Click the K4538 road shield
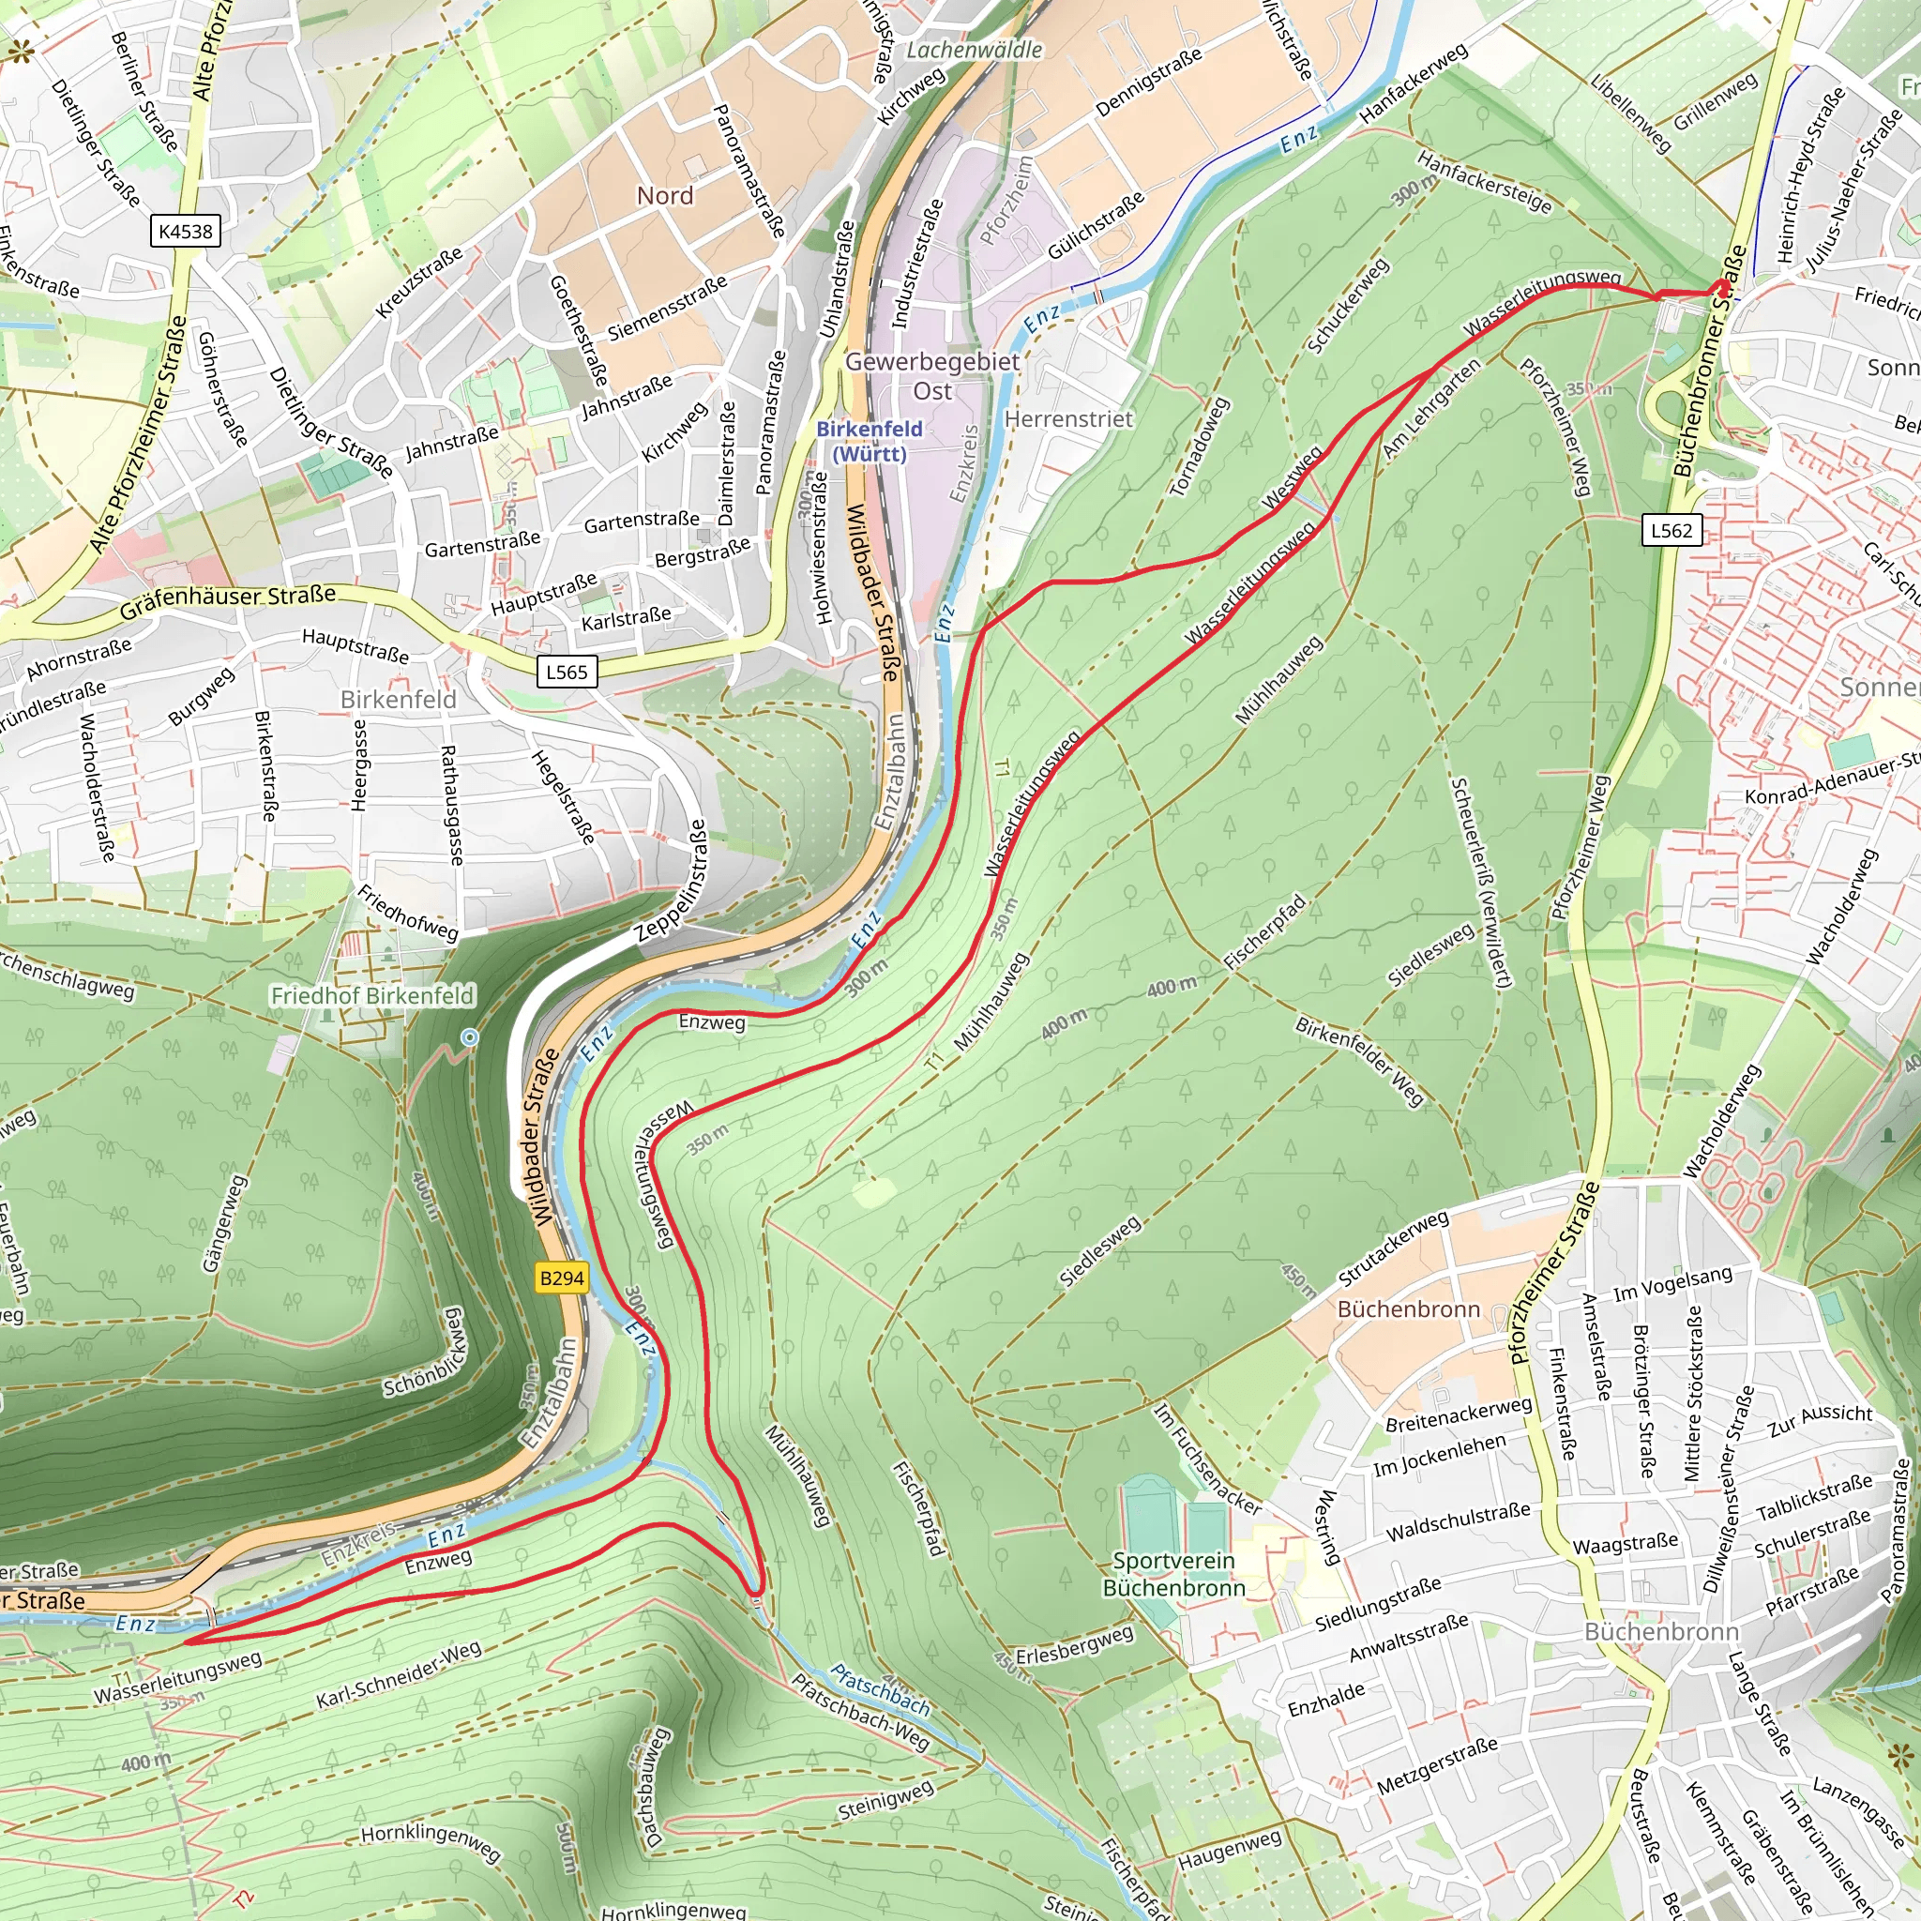click(x=186, y=232)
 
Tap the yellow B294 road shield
click(x=561, y=1278)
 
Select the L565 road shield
click(x=567, y=673)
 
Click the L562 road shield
click(x=1671, y=530)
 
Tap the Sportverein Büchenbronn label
click(x=1173, y=1574)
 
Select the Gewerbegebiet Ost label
click(x=931, y=376)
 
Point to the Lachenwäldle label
click(x=974, y=50)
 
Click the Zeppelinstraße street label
click(x=673, y=881)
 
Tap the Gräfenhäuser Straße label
click(x=228, y=601)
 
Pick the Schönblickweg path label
click(x=425, y=1354)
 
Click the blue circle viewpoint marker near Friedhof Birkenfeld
click(x=469, y=1037)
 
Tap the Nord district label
click(x=664, y=196)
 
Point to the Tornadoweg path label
click(x=1199, y=447)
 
